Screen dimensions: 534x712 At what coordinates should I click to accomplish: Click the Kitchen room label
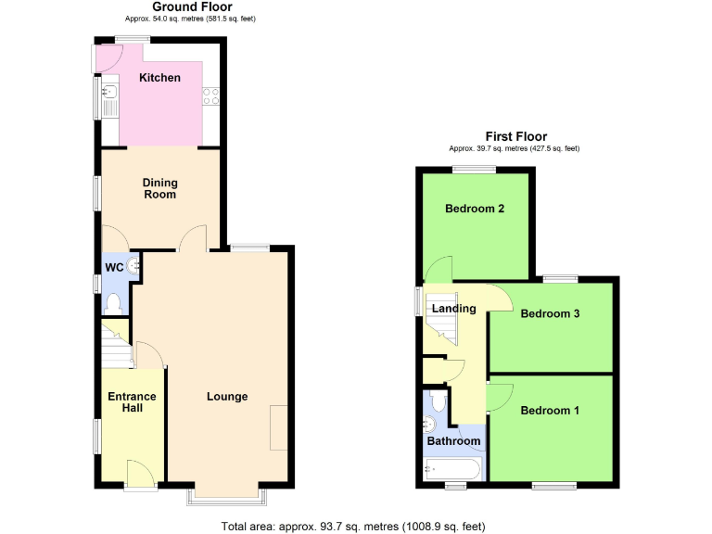pyautogui.click(x=159, y=78)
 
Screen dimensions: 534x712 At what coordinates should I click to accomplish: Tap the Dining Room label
pyautogui.click(x=159, y=188)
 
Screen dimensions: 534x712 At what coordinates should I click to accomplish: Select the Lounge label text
pyautogui.click(x=227, y=397)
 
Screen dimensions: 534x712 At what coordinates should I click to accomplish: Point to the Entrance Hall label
pyautogui.click(x=132, y=402)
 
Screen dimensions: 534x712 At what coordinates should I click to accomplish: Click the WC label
pyautogui.click(x=114, y=268)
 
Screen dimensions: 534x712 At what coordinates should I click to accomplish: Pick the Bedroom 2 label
pyautogui.click(x=475, y=209)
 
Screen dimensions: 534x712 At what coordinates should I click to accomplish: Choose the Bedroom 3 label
pyautogui.click(x=550, y=313)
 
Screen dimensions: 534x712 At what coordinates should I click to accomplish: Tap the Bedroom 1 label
pyautogui.click(x=550, y=411)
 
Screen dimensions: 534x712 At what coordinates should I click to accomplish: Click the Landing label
pyautogui.click(x=453, y=309)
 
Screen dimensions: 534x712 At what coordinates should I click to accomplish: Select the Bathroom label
pyautogui.click(x=454, y=441)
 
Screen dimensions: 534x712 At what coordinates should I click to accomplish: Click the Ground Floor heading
pyautogui.click(x=166, y=6)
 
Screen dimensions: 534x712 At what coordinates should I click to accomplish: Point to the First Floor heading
pyautogui.click(x=516, y=136)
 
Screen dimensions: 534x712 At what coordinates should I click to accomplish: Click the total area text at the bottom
pyautogui.click(x=353, y=527)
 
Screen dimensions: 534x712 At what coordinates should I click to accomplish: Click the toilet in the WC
pyautogui.click(x=114, y=302)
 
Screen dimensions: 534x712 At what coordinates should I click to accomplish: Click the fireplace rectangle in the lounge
pyautogui.click(x=279, y=427)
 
